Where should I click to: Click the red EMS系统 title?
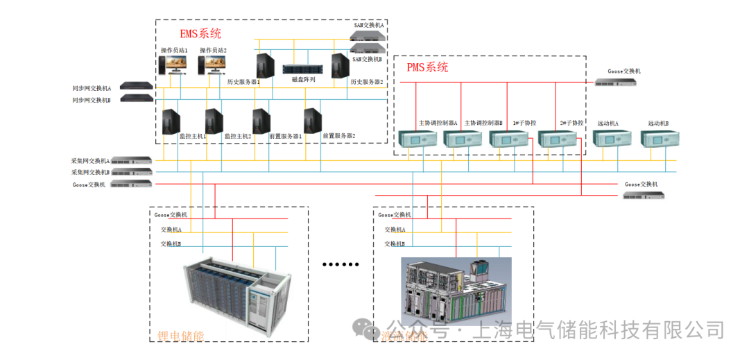tap(200, 33)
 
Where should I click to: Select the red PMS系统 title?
tap(427, 67)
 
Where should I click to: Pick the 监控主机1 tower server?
tap(171, 121)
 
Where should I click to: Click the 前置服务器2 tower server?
tap(313, 121)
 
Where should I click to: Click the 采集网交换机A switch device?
tap(132, 160)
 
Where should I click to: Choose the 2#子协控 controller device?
tap(552, 138)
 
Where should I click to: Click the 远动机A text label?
tap(608, 123)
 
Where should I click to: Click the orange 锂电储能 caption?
tap(180, 337)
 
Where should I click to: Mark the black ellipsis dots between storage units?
tap(342, 264)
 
